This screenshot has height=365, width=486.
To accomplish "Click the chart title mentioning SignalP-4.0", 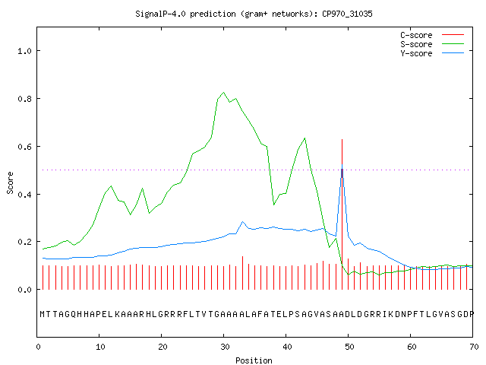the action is (x=254, y=14).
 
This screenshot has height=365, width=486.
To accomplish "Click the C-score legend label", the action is (x=416, y=35).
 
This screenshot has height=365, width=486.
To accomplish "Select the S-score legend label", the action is (x=416, y=44).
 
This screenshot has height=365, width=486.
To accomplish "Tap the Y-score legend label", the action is (x=416, y=53).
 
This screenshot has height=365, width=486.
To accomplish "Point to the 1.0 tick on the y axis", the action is (x=24, y=51).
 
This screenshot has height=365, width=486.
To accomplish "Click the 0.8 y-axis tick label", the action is (x=24, y=99).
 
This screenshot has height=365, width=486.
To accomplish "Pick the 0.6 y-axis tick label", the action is (x=24, y=147).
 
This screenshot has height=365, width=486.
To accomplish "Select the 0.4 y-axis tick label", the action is (x=24, y=195).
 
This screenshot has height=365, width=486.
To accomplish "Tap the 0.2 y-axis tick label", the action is (x=24, y=242).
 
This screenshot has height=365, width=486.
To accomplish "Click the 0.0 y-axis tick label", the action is (x=24, y=290).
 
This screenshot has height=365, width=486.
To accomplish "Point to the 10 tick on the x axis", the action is (x=100, y=347).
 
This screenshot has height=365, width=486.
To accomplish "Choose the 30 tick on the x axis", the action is (x=225, y=347).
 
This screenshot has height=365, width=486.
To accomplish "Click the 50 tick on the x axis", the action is (x=349, y=347).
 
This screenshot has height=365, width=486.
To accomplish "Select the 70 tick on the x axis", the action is (x=474, y=347).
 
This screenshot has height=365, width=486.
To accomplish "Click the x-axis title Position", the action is (x=254, y=360).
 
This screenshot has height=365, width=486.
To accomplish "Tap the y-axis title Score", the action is (x=10, y=182).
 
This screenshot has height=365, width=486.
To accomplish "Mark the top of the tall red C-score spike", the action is (x=342, y=139).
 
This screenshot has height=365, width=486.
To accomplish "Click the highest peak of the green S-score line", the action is (x=223, y=92).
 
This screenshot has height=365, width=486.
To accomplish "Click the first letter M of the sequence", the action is (x=43, y=314).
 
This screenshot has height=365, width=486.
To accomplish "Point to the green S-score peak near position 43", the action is (x=305, y=138).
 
